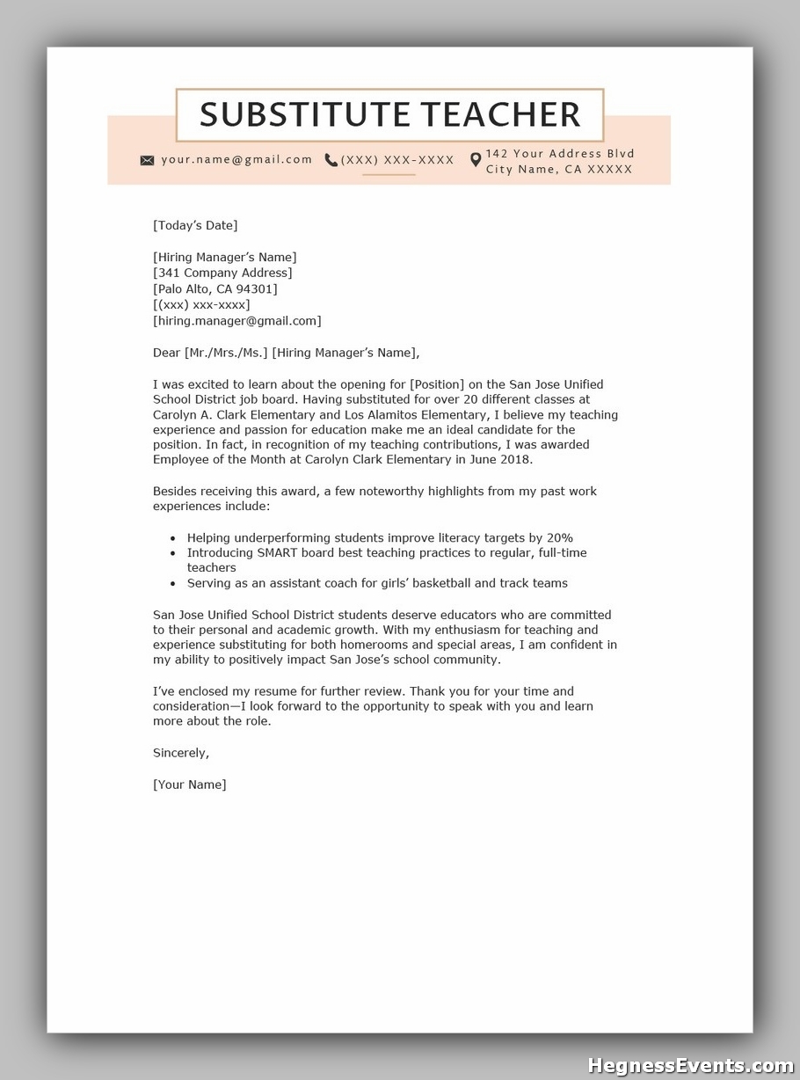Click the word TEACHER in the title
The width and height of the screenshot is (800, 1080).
coord(500,115)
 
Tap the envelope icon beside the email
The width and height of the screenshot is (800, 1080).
coord(147,160)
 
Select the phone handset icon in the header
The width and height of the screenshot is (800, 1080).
coord(331,160)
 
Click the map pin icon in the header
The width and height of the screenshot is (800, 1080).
coord(476,160)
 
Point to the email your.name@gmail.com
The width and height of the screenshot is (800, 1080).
coord(236,159)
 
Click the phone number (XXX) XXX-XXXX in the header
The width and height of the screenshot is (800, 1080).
coord(397,160)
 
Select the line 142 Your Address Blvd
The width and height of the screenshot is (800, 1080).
coord(560,153)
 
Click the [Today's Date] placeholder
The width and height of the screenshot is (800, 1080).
coord(195,225)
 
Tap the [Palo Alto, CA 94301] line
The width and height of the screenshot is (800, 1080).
coord(215,288)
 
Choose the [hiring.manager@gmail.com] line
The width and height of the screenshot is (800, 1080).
coord(237,320)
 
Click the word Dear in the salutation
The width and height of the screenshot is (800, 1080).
coord(166,353)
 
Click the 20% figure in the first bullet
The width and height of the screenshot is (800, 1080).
coord(559,537)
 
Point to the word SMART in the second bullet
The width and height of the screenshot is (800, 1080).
coord(279,552)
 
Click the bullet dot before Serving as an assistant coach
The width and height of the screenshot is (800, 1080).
coord(173,583)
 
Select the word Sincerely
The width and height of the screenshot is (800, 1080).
coord(181,752)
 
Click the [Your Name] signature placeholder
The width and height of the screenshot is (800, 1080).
coord(190,784)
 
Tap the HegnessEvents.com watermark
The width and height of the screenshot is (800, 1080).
coord(690,1065)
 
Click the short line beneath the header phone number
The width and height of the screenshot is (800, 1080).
coord(389,175)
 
